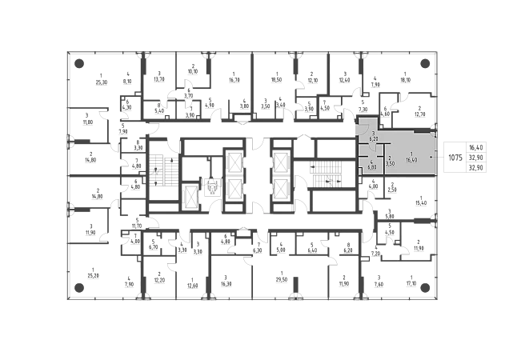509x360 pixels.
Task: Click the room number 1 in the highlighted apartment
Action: click(x=411, y=154)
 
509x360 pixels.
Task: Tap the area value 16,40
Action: click(x=411, y=160)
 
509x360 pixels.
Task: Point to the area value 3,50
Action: click(x=390, y=163)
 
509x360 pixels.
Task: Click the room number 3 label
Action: click(x=373, y=134)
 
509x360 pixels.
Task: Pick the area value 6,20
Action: click(x=373, y=139)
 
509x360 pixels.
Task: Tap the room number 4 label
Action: click(x=372, y=163)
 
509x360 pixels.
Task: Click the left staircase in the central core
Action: click(x=160, y=171)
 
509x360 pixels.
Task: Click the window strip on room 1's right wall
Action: click(x=437, y=155)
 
